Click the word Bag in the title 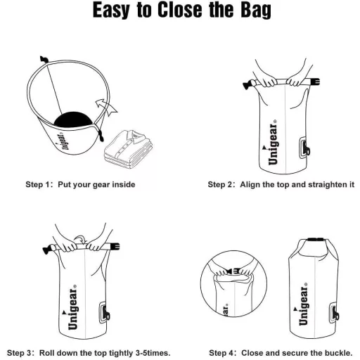[x=256, y=11]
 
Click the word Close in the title [x=179, y=10]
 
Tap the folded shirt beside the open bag [x=129, y=148]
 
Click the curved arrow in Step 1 [x=106, y=107]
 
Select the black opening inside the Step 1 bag [x=73, y=120]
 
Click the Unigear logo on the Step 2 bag [x=272, y=142]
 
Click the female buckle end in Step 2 [x=315, y=82]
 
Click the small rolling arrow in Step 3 [x=80, y=238]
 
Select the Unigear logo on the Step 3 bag [x=72, y=307]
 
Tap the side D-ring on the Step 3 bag [x=104, y=313]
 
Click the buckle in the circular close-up [x=233, y=271]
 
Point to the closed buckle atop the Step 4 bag [x=316, y=240]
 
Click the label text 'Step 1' [x=38, y=184]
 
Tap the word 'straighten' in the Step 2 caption [x=326, y=184]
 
